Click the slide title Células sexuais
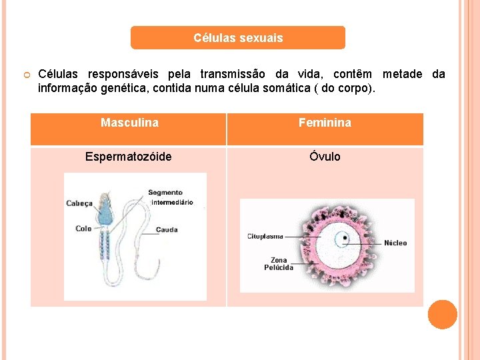(x=238, y=38)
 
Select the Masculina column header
(x=129, y=123)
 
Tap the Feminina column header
(x=325, y=123)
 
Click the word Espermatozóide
(x=128, y=157)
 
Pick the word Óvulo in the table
(x=325, y=157)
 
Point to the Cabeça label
(x=79, y=203)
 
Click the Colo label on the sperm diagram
(x=83, y=229)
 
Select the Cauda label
(x=167, y=230)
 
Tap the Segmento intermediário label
(x=170, y=197)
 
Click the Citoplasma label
(x=265, y=236)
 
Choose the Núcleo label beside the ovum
(x=395, y=243)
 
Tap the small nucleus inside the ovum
(x=343, y=237)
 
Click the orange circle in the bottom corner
(x=442, y=315)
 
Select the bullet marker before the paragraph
(x=23, y=75)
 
